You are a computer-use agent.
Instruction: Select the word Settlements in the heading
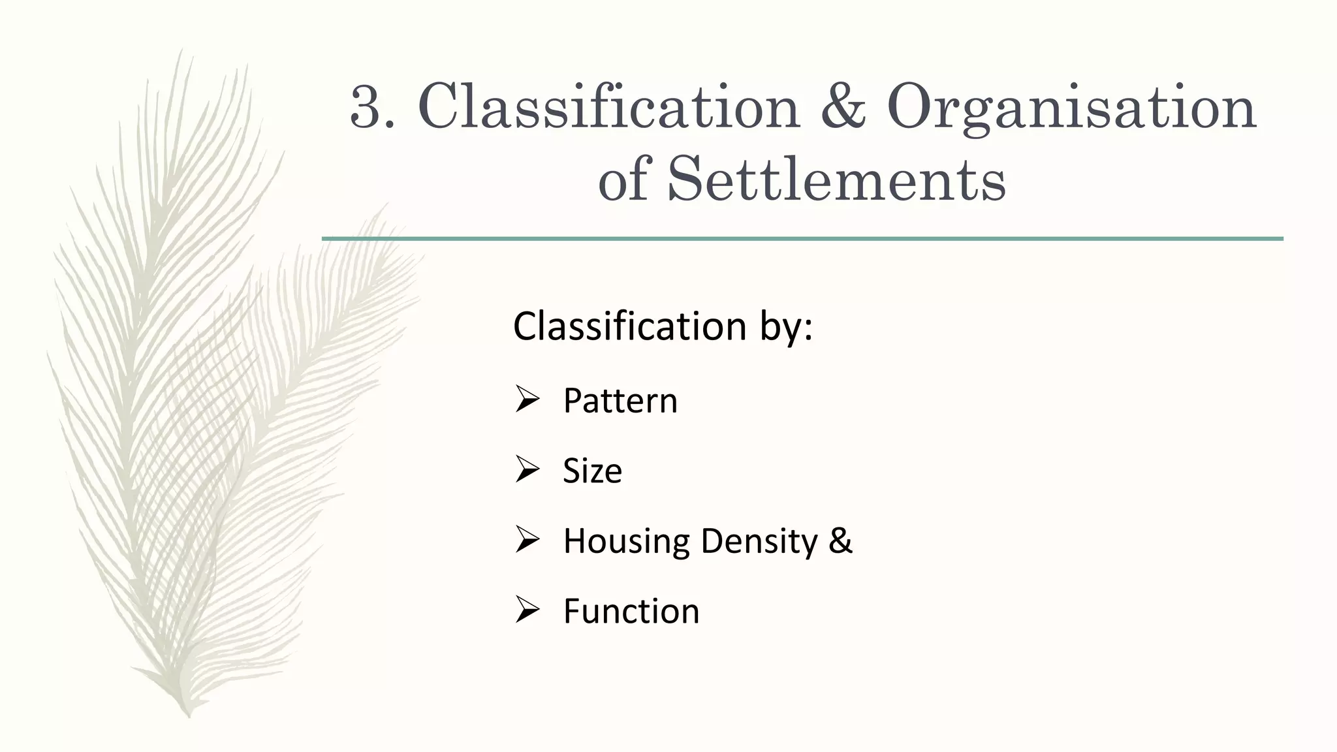coord(836,180)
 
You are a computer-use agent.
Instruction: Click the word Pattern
coord(620,400)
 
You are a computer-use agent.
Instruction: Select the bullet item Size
coord(592,471)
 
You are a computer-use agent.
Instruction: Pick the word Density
coord(759,541)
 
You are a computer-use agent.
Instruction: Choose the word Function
coord(631,612)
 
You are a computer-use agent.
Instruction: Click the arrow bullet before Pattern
coord(526,399)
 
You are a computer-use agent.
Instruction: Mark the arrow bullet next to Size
coord(526,469)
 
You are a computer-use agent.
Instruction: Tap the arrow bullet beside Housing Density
coord(526,540)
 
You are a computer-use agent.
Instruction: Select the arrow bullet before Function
coord(526,610)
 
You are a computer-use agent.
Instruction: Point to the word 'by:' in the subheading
coord(786,326)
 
